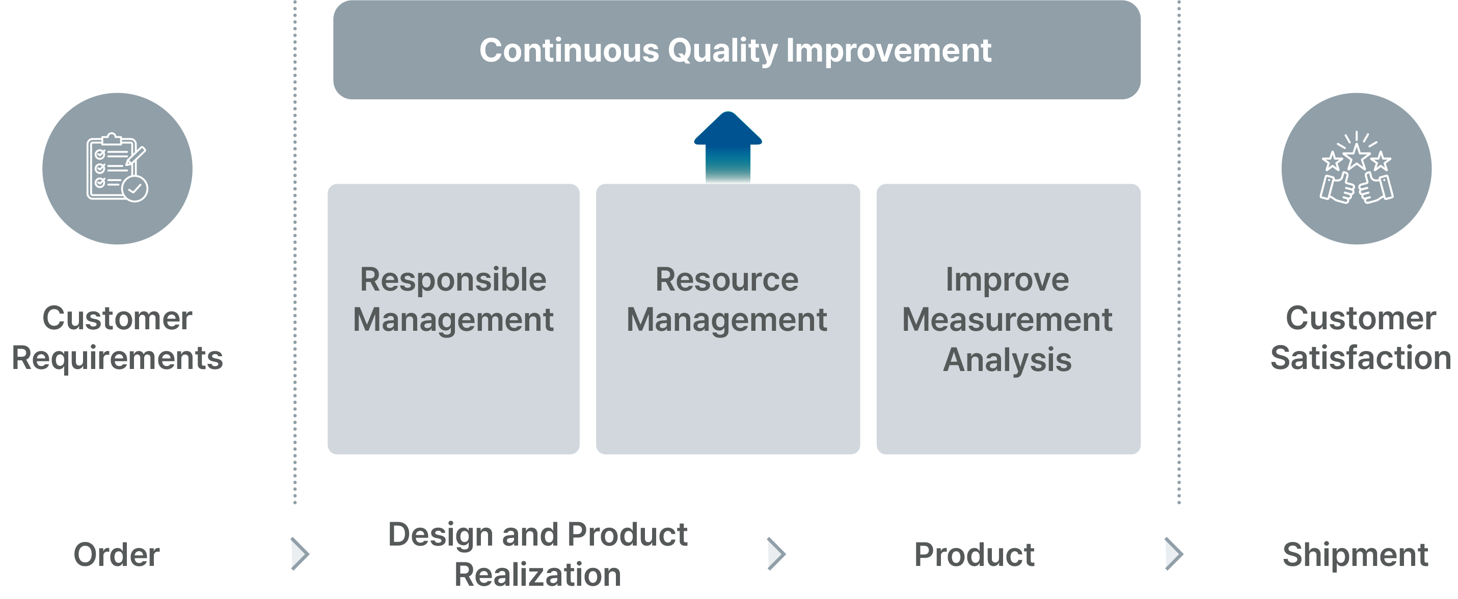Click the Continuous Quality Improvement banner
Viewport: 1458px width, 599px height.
[x=736, y=50]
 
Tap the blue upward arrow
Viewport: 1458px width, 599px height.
[x=728, y=147]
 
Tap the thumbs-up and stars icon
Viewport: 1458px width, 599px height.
[x=1356, y=168]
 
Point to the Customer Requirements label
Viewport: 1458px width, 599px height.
[x=117, y=338]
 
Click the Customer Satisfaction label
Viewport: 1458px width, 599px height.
[x=1360, y=338]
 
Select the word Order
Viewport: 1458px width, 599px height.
[x=117, y=554]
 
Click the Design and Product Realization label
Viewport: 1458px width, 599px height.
[x=537, y=554]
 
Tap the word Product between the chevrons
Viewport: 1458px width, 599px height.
[x=974, y=554]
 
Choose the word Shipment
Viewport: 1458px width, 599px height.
[x=1355, y=554]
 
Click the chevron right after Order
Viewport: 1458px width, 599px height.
[x=300, y=554]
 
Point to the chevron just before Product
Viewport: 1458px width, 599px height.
[x=776, y=554]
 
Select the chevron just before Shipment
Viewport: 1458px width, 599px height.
[x=1174, y=554]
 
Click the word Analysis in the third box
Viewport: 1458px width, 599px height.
[x=1007, y=360]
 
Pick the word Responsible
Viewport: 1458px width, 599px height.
[x=453, y=280]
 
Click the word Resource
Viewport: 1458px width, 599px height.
[x=727, y=279]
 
